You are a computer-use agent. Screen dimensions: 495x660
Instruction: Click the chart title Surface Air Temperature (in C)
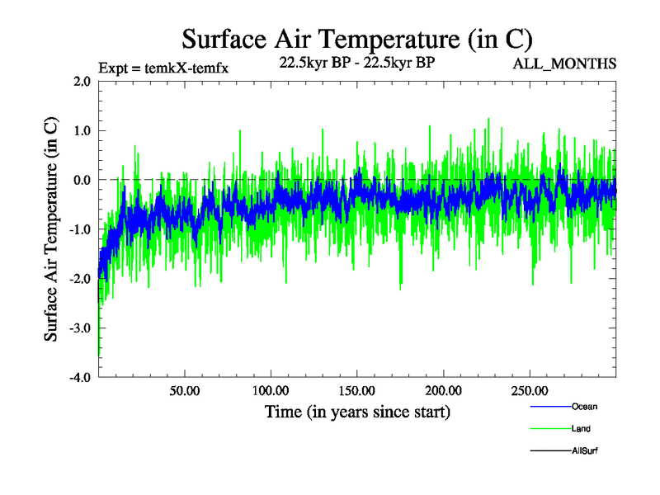tap(357, 39)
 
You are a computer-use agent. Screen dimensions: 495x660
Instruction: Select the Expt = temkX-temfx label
tap(163, 68)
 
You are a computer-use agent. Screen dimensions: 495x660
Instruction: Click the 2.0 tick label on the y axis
tap(82, 82)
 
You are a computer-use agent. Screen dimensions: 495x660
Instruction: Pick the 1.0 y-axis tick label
tap(82, 130)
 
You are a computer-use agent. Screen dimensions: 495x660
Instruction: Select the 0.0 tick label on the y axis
tap(82, 180)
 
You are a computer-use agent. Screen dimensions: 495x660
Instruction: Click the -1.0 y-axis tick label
tap(80, 229)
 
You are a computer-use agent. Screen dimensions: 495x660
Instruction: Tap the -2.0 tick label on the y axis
tap(80, 279)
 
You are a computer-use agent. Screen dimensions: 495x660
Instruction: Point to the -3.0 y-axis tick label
tap(80, 328)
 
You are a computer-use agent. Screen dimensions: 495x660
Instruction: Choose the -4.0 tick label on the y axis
tap(80, 378)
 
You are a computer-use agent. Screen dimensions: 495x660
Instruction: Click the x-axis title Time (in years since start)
tap(357, 411)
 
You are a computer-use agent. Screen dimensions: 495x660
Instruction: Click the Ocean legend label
tap(584, 407)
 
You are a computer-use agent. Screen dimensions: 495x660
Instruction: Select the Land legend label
tap(581, 429)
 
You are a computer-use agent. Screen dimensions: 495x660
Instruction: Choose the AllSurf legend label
tap(585, 450)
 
